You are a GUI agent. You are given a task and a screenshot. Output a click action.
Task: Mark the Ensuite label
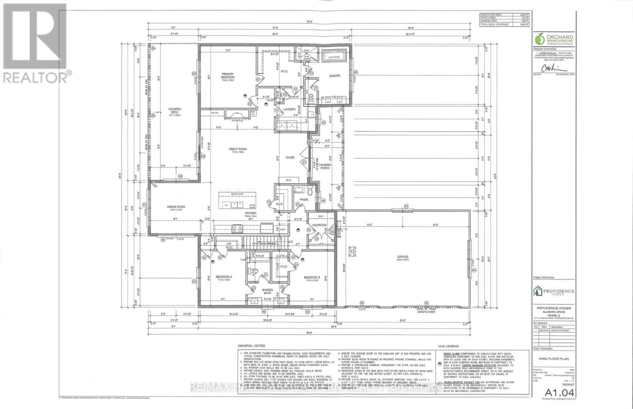(335, 76)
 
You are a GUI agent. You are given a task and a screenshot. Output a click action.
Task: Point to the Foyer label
(290, 158)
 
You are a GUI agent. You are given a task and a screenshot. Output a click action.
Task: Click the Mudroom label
(319, 225)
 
